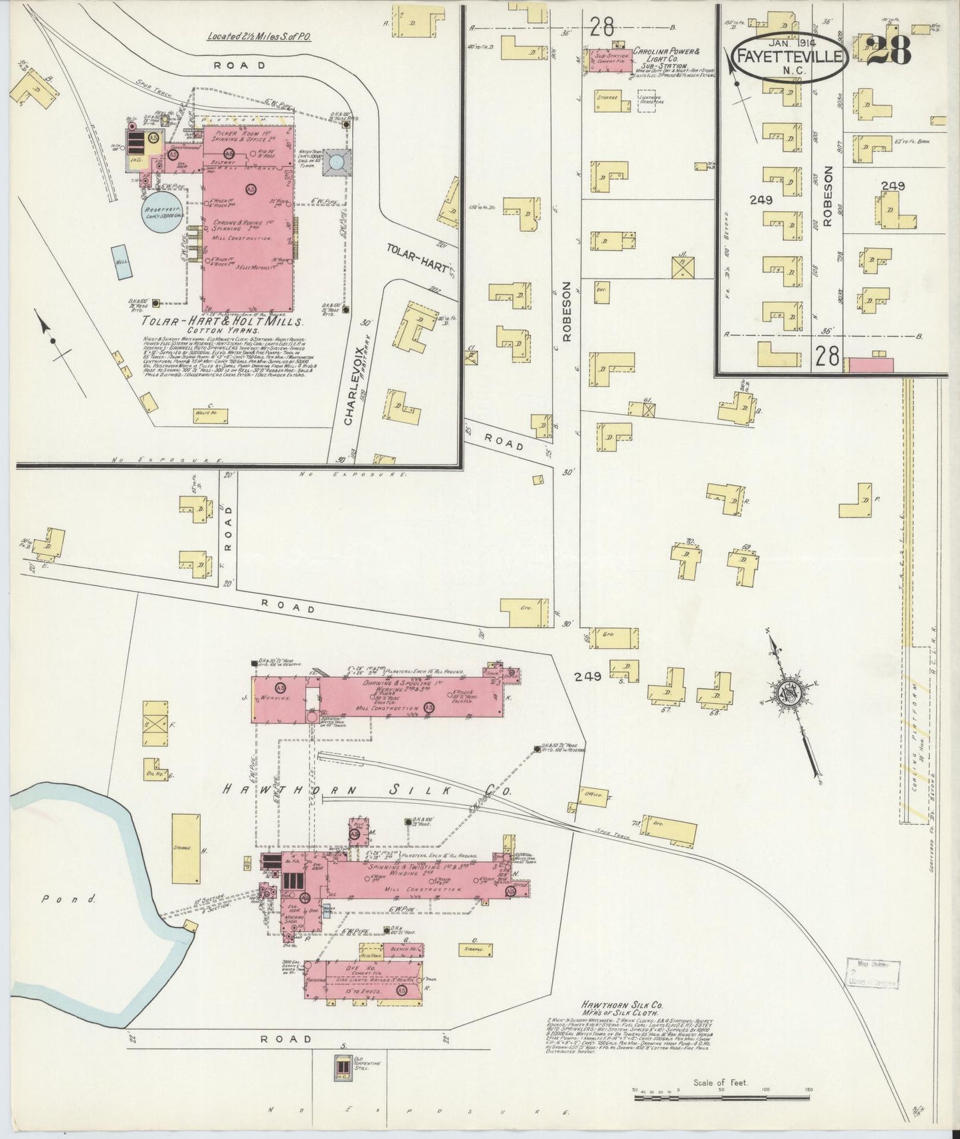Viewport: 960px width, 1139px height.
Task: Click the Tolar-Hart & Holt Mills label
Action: click(221, 321)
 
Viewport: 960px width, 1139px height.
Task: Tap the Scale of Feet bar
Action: click(723, 1098)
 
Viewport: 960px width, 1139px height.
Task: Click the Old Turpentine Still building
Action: click(344, 1067)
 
